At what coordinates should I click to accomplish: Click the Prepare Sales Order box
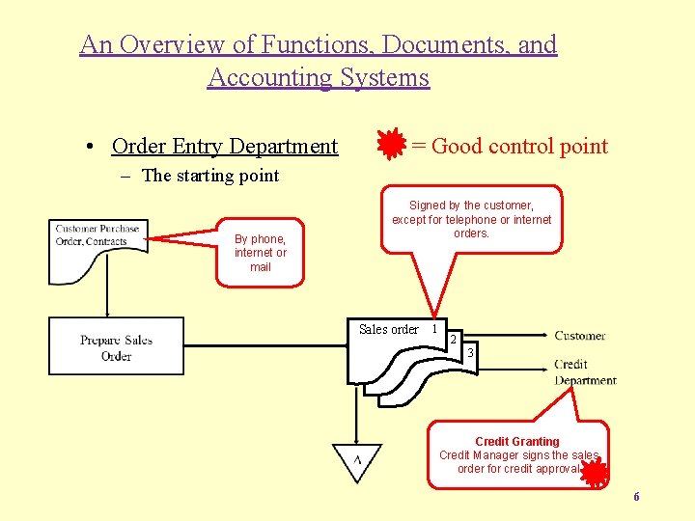[116, 346]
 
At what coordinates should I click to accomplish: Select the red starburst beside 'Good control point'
[391, 146]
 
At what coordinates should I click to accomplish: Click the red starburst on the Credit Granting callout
[594, 472]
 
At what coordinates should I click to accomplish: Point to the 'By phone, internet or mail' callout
[260, 253]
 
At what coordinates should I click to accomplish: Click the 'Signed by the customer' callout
[471, 219]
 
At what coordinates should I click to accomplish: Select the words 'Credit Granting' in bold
[516, 442]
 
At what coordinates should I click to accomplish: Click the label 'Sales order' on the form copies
[388, 330]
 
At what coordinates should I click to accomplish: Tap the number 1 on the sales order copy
[434, 329]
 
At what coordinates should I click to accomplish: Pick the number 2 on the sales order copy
[453, 341]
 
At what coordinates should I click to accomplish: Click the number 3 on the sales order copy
[470, 353]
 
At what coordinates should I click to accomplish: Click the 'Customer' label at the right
[579, 336]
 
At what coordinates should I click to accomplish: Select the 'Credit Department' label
[585, 372]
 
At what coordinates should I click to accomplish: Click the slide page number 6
[636, 497]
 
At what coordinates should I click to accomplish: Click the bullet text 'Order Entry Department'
[225, 147]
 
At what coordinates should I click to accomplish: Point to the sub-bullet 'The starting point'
[209, 176]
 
